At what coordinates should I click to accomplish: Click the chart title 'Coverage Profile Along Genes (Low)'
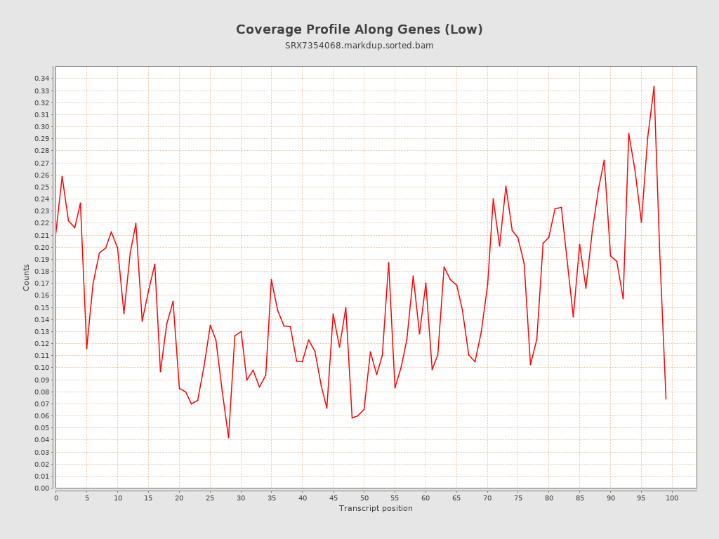coord(359,29)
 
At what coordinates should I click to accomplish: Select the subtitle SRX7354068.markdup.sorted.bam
coord(359,46)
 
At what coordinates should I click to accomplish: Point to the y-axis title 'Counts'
coord(27,277)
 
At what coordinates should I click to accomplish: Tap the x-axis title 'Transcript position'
coord(376,508)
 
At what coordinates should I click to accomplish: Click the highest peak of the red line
coord(654,86)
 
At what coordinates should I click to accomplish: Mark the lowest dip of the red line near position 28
coord(228,438)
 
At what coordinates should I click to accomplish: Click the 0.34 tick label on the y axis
coord(42,79)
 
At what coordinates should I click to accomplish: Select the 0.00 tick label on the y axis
coord(42,488)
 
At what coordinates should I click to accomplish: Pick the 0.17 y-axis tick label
coord(42,284)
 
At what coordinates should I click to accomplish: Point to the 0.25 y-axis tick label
coord(42,187)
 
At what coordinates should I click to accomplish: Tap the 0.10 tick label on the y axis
coord(42,368)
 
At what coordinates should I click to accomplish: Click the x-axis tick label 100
coord(672,498)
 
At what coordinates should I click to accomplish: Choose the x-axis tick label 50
coord(364,498)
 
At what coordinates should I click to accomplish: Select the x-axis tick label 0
coord(56,498)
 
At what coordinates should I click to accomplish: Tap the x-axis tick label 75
coord(518,498)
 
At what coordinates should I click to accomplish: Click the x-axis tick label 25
coord(210,498)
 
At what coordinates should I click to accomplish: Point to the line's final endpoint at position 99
coord(666,399)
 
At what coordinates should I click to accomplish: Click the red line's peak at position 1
coord(62,176)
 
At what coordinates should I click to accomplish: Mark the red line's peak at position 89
coord(604,160)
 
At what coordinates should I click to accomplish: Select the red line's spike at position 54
coord(388,262)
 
